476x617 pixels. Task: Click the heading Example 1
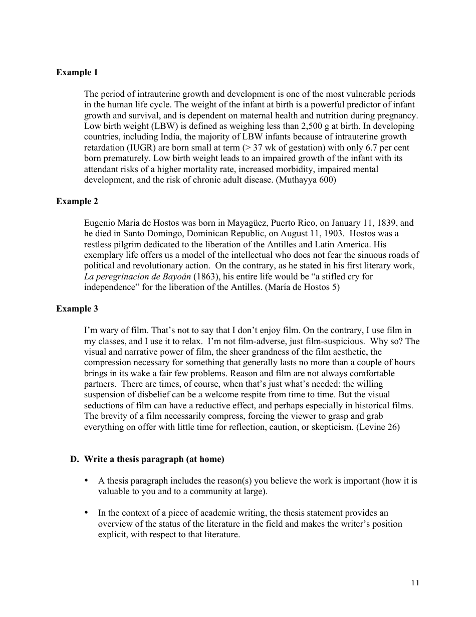77,72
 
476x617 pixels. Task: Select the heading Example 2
77,201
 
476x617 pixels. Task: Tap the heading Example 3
77,308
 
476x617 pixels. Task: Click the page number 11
415,582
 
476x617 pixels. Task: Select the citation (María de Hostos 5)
302,287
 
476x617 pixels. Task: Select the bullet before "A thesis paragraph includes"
87,481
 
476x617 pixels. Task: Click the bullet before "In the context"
87,513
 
